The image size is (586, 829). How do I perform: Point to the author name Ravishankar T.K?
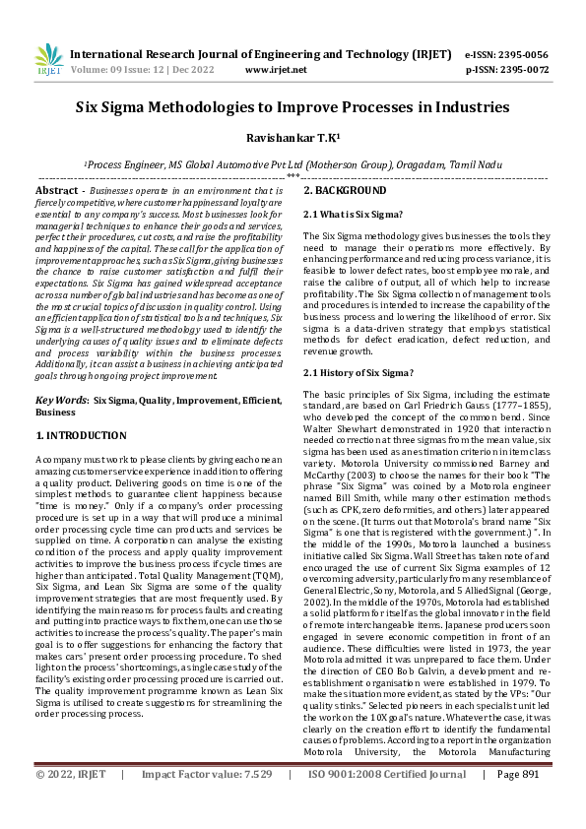pyautogui.click(x=293, y=140)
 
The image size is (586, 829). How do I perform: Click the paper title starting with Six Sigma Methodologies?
pyautogui.click(x=293, y=107)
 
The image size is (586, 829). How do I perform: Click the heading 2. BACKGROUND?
pyautogui.click(x=345, y=190)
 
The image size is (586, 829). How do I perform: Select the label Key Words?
pyautogui.click(x=58, y=401)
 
